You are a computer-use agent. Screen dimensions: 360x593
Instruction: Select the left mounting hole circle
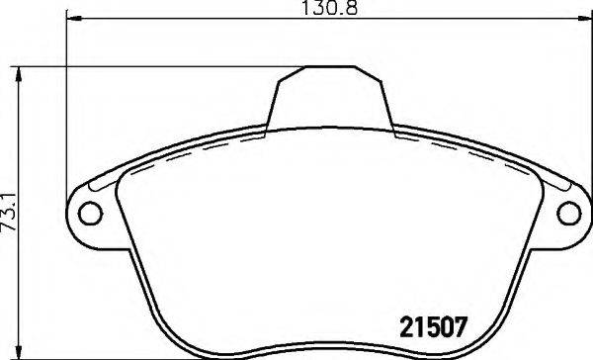89,212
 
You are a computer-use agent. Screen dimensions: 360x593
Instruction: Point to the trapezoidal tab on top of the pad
330,99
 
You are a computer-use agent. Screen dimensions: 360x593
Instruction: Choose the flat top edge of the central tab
330,67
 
